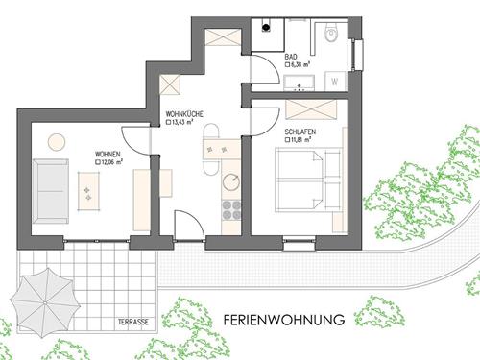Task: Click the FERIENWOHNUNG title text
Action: pos(284,320)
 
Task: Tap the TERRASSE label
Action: pos(133,322)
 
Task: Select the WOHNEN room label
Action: pos(108,155)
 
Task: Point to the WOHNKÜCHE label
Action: pos(184,114)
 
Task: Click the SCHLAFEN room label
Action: pos(300,132)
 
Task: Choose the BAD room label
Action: pos(291,57)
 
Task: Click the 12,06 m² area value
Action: pos(111,162)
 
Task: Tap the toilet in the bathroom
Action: pos(332,33)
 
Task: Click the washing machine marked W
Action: pos(335,82)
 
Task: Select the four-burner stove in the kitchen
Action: pos(231,210)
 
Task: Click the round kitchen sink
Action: pos(231,182)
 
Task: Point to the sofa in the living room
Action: pos(51,191)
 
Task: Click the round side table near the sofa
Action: pos(57,142)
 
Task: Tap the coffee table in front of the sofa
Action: pos(88,191)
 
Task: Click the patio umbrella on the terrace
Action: pos(45,302)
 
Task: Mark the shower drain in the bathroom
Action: pos(266,28)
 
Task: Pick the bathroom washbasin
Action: pos(300,84)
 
